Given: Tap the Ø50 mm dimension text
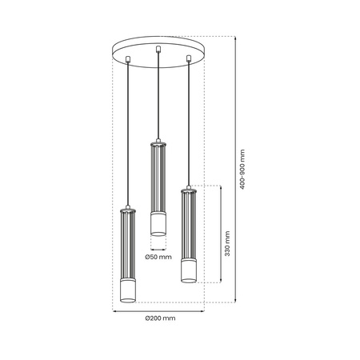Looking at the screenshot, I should (158, 256).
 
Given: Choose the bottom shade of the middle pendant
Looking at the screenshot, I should (158, 224).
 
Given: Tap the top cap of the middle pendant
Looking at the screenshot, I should (158, 142).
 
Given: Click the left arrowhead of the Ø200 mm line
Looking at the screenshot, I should (112, 310).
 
